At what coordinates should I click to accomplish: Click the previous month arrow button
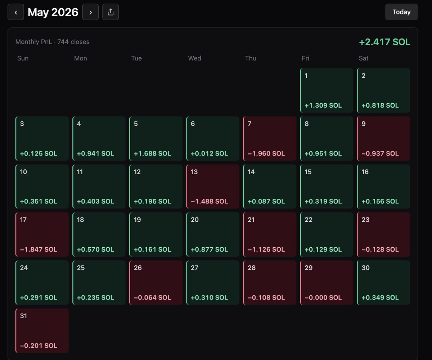(x=16, y=12)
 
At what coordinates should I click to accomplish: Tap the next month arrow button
(x=90, y=12)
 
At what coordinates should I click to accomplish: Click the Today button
(x=401, y=12)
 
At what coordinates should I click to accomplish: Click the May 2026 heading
(x=53, y=12)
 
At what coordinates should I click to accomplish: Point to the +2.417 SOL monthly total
(x=384, y=42)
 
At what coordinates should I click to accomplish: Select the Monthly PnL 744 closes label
(x=52, y=42)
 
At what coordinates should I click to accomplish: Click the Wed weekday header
(x=194, y=58)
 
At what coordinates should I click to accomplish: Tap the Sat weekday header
(x=364, y=58)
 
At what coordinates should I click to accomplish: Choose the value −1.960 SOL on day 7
(x=266, y=153)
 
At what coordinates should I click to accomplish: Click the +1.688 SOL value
(x=152, y=153)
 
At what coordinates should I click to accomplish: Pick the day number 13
(x=194, y=172)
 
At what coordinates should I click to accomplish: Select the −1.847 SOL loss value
(x=39, y=249)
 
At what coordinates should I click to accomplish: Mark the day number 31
(x=23, y=316)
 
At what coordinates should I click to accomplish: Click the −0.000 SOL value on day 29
(x=323, y=297)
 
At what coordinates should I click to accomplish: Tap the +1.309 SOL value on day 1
(x=323, y=105)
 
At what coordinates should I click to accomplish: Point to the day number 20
(x=195, y=220)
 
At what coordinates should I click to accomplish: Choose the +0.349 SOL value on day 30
(x=380, y=297)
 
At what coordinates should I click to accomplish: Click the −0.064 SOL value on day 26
(x=152, y=297)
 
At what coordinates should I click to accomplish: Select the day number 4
(x=79, y=124)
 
